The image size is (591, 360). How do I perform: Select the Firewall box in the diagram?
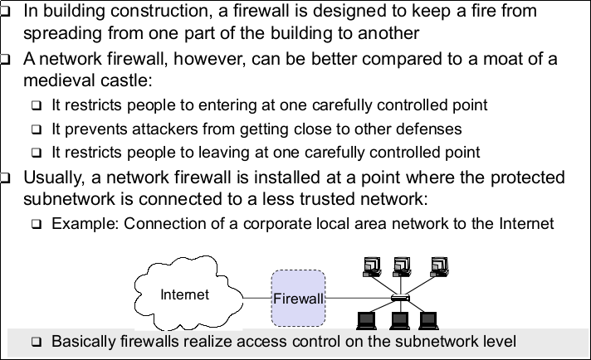click(298, 297)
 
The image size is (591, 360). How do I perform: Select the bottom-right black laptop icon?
click(428, 321)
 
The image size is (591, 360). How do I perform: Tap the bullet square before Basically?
click(37, 342)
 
